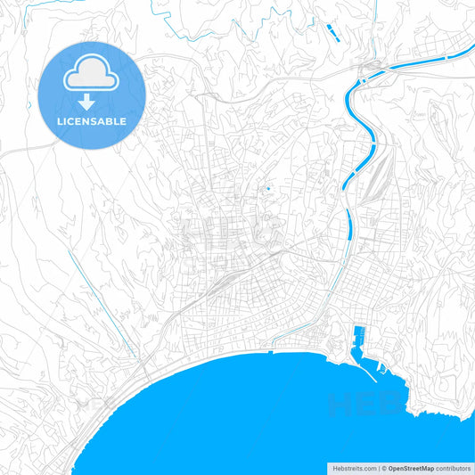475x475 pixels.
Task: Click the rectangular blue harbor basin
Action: (358, 338)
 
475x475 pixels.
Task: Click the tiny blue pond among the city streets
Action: (267, 188)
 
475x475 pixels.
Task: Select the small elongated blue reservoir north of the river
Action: (333, 33)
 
